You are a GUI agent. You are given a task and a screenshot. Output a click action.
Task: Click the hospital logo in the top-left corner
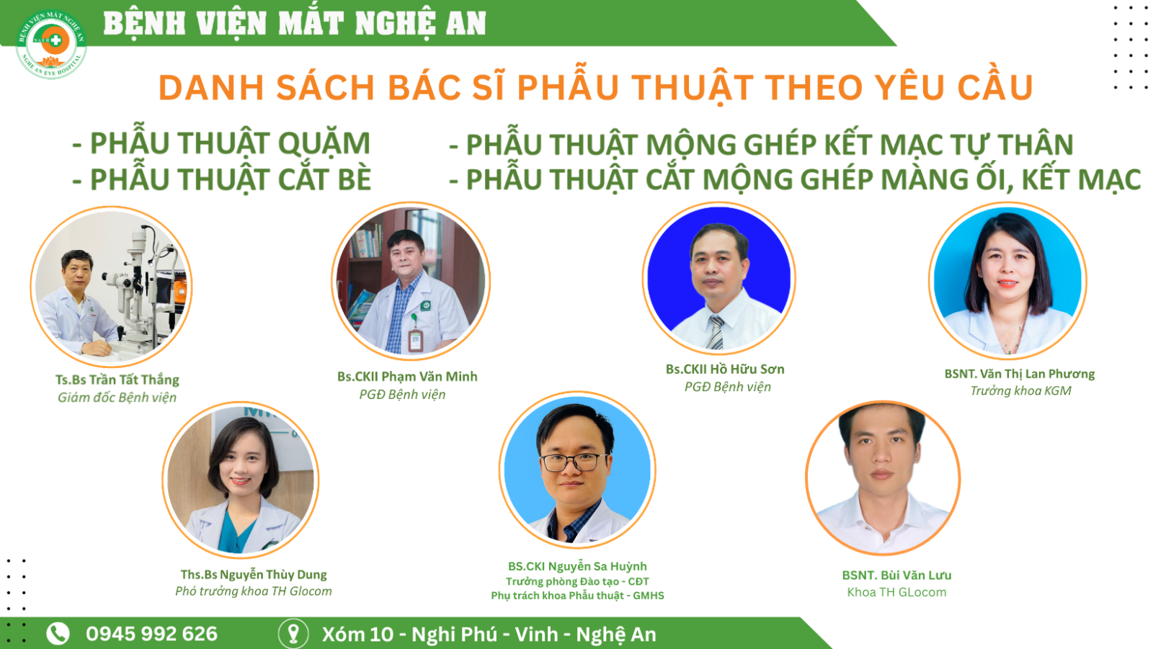click(51, 44)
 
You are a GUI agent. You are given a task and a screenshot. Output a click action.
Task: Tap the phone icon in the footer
click(58, 634)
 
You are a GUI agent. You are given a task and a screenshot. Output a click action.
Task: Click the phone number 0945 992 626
click(152, 634)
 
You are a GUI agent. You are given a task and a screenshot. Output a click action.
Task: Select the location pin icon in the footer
click(293, 634)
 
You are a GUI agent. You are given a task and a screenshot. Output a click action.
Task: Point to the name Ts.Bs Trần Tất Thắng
click(117, 380)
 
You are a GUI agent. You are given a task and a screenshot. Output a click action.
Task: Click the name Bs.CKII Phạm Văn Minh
click(407, 377)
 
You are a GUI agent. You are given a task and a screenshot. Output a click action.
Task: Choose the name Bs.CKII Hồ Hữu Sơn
click(725, 369)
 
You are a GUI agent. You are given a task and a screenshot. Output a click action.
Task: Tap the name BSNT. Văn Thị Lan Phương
click(1019, 374)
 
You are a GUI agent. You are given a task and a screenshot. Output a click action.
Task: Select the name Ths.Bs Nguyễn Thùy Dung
click(254, 574)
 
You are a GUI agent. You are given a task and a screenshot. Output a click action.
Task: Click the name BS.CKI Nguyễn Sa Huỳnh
click(577, 567)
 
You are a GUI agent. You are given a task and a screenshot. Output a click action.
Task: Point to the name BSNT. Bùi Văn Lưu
click(896, 576)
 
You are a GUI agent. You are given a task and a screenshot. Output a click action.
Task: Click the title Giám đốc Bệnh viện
click(117, 398)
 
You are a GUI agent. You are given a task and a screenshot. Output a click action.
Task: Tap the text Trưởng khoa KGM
click(1020, 390)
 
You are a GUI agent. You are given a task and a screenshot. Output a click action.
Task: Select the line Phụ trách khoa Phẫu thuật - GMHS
click(577, 596)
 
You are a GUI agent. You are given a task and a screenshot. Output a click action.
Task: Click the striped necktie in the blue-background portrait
click(715, 333)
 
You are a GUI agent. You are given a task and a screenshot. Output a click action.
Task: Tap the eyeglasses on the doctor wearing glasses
click(574, 462)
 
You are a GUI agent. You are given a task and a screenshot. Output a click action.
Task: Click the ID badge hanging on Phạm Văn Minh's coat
click(415, 340)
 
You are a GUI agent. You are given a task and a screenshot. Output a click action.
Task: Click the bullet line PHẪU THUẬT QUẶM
click(221, 143)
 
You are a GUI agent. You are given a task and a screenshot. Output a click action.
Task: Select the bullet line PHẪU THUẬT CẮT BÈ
click(222, 179)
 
